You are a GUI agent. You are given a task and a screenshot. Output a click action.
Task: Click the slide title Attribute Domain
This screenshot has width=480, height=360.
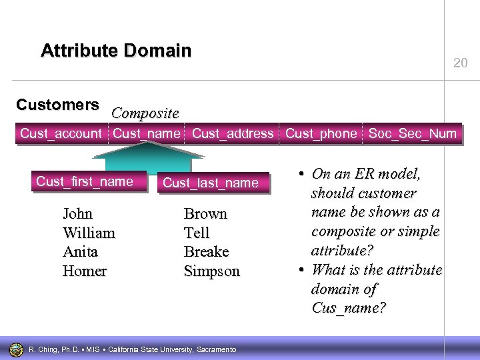pos(116,51)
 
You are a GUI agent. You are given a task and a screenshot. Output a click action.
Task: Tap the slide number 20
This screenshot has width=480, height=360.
pos(460,63)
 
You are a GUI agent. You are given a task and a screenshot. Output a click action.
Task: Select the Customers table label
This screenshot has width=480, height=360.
pos(57,105)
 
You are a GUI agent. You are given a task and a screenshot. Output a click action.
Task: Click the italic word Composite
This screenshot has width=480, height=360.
pos(145,113)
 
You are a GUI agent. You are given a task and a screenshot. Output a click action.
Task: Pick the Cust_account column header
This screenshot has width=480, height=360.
pos(61,133)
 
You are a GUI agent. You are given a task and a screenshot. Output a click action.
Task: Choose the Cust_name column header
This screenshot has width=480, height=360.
pos(147,133)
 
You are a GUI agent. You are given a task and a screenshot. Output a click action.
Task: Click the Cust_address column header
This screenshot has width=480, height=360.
pos(233,133)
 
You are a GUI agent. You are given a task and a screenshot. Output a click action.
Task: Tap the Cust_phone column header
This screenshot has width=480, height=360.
pos(321,133)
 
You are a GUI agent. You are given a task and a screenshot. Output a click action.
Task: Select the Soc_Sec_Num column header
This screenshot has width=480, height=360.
pos(413,133)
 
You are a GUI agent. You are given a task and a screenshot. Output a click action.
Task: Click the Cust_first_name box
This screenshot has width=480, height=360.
pos(85,181)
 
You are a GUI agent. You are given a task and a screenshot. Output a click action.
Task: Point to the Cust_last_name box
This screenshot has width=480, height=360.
pos(210,183)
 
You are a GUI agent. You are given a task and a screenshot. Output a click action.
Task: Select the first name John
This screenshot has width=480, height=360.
pos(77,214)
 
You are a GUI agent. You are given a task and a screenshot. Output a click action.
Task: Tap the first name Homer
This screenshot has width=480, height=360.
pos(84,271)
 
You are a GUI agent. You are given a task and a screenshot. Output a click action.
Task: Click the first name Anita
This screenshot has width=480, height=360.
pos(80,252)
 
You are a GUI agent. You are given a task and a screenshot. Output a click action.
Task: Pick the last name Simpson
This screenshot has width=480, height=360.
pos(211,271)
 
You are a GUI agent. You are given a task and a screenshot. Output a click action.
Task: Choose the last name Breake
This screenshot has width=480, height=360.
pos(206,252)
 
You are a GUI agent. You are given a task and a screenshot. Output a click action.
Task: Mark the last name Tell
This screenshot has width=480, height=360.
pos(196,233)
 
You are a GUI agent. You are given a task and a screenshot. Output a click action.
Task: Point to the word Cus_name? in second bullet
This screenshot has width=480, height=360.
pos(348,309)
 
